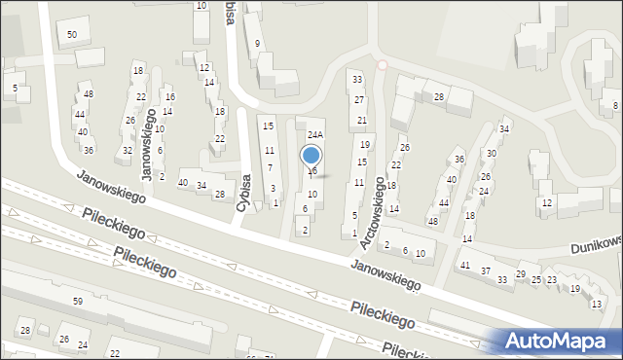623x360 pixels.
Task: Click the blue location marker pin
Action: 311,156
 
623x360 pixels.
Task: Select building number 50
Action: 72,35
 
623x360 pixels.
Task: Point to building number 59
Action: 77,302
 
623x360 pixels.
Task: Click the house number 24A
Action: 314,134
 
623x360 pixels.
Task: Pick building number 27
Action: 359,100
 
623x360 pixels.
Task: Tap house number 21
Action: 361,120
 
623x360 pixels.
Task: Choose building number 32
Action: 128,150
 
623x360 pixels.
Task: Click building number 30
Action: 492,153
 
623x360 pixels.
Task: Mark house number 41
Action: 464,265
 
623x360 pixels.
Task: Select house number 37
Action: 486,270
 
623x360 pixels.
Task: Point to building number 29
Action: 521,274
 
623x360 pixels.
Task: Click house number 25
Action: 536,279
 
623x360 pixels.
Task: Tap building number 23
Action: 552,280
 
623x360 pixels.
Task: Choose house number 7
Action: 270,168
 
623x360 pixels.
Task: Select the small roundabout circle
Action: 382,65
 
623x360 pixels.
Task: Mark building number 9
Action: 257,44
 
